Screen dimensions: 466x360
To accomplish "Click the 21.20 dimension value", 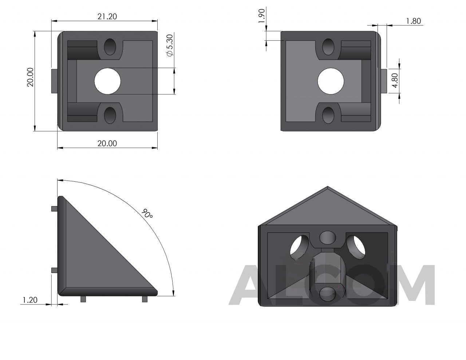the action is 107,16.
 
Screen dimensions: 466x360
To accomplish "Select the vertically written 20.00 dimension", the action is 30,77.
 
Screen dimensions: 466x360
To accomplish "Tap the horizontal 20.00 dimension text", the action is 107,143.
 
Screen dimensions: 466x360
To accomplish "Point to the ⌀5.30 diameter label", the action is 170,45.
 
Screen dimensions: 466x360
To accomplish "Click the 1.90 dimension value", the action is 262,16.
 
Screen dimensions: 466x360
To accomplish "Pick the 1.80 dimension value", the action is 414,21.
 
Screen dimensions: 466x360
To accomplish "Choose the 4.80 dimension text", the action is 395,80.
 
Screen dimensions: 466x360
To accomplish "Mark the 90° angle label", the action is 147,214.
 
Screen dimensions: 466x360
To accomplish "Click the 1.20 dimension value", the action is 30,300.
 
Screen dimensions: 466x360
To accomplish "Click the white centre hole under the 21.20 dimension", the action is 107,81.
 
